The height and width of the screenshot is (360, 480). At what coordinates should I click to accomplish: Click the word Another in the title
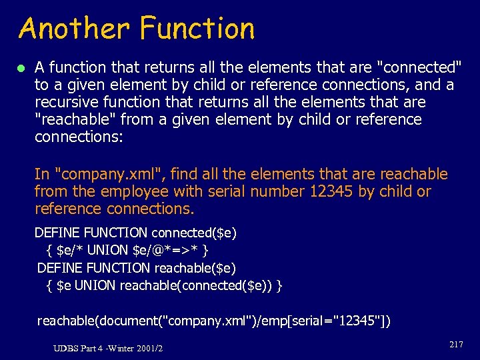tap(75, 29)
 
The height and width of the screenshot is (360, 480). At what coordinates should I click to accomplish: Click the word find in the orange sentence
tap(187, 175)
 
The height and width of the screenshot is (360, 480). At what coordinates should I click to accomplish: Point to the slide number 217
tap(456, 345)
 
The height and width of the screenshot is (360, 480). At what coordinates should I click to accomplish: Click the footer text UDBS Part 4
tap(81, 349)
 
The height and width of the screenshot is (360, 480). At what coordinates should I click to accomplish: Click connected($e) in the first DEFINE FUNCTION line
tap(194, 233)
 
